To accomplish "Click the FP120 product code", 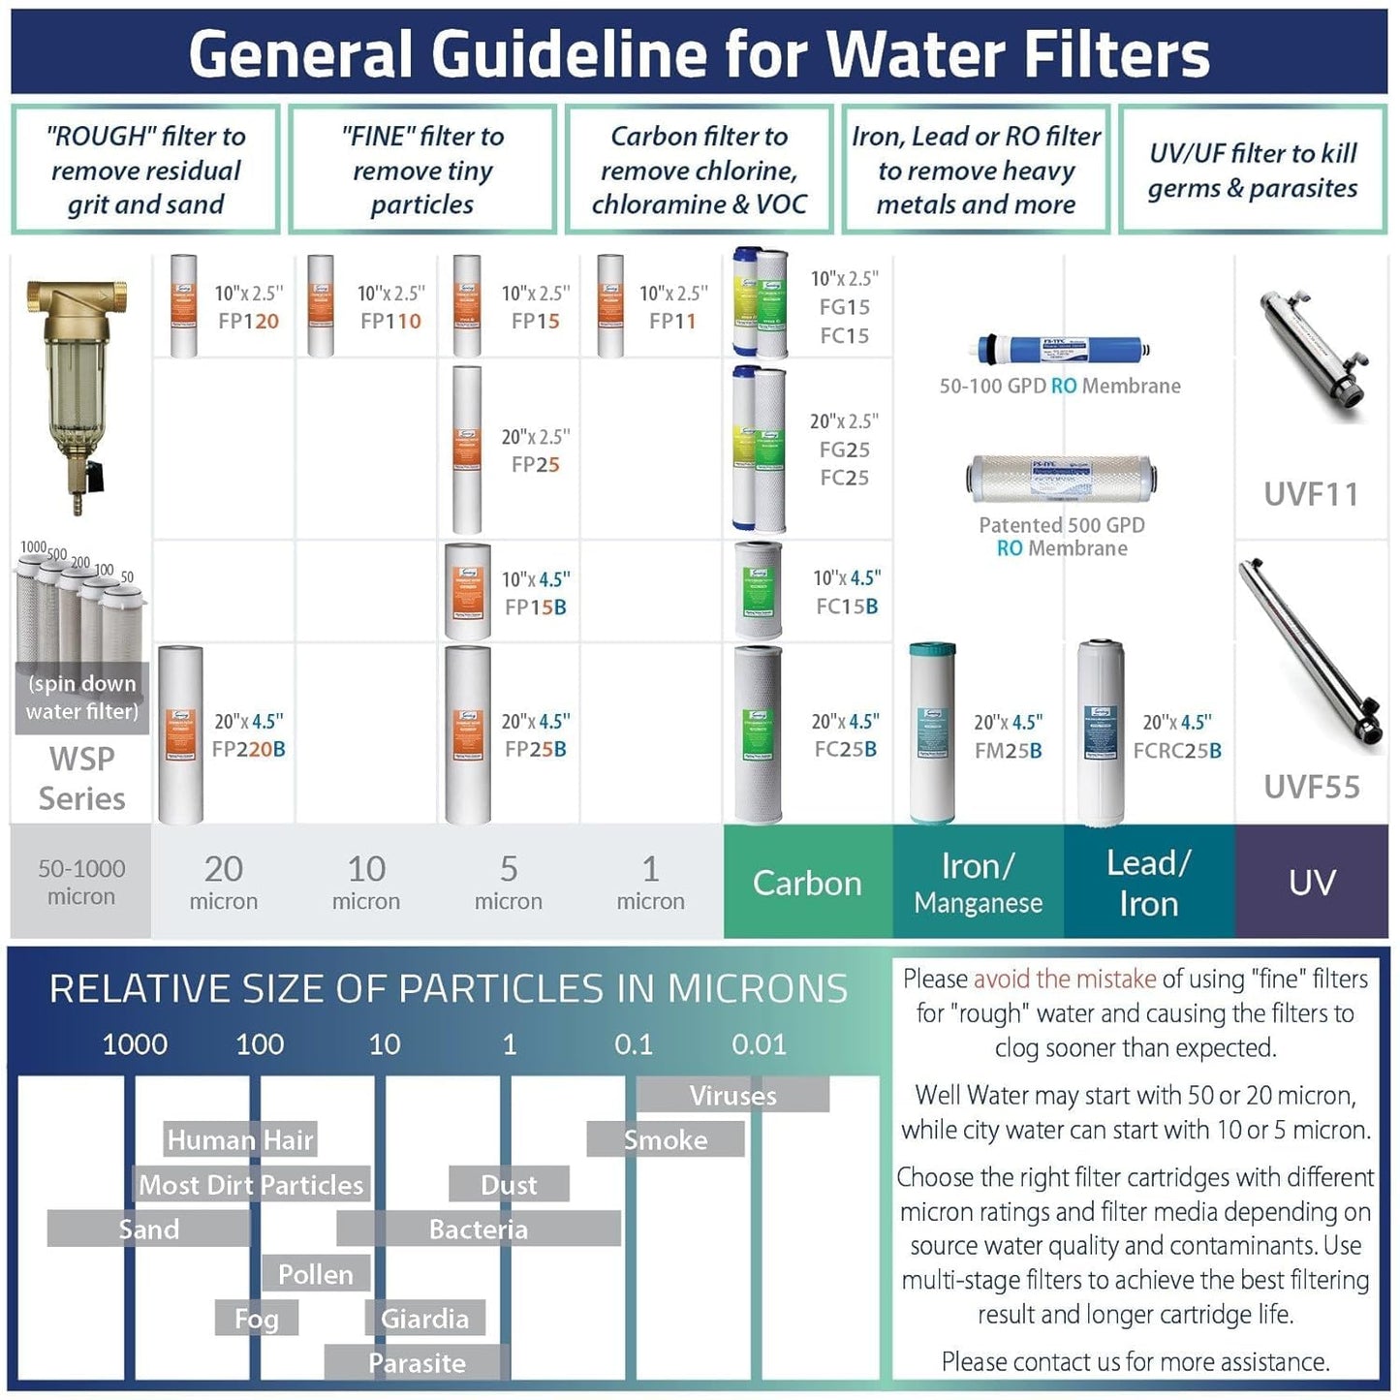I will pos(248,321).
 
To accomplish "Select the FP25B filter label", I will pos(535,749).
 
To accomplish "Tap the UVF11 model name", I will pos(1311,494).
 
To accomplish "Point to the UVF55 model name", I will pos(1311,787).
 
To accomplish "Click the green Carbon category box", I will pos(807,883).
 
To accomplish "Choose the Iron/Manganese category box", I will pos(978,883).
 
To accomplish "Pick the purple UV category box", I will pos(1312,883).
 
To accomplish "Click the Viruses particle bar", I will pos(732,1096).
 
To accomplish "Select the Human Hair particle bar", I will pos(240,1140).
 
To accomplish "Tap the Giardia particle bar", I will pos(424,1319).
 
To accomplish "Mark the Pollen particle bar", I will pos(316,1274).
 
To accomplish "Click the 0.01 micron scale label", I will pos(759,1044).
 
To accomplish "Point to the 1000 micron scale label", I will pos(135,1044).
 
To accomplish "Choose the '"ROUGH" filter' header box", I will pos(145,171).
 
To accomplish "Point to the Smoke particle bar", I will pos(666,1140).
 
